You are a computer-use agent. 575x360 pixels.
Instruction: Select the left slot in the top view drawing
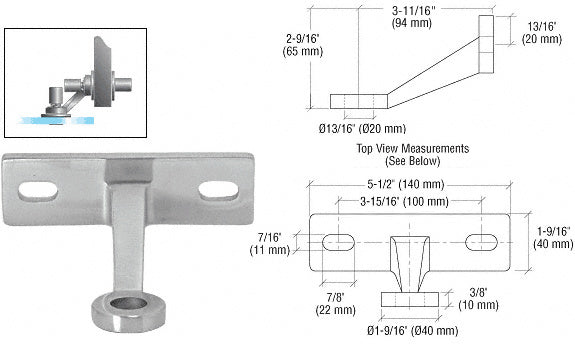338,243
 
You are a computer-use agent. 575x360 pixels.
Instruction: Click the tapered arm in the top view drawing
409,261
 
